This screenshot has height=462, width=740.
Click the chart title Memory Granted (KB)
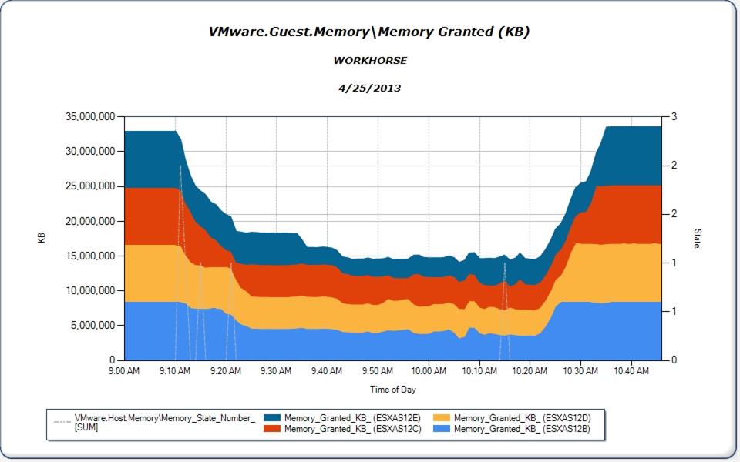click(x=369, y=32)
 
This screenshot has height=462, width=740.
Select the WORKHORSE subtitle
click(x=370, y=60)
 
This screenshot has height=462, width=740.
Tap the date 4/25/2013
click(x=370, y=88)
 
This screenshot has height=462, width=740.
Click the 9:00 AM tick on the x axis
click(x=125, y=371)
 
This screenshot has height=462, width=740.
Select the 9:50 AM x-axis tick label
click(x=378, y=371)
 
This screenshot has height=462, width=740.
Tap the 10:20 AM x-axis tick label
click(x=530, y=371)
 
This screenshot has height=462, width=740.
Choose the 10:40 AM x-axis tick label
click(x=631, y=371)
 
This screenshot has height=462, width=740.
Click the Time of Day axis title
click(x=392, y=390)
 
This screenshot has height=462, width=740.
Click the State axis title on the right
click(x=697, y=237)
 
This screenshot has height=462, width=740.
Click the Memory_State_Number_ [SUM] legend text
click(x=164, y=422)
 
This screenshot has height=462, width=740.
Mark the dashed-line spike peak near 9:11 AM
click(x=180, y=166)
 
